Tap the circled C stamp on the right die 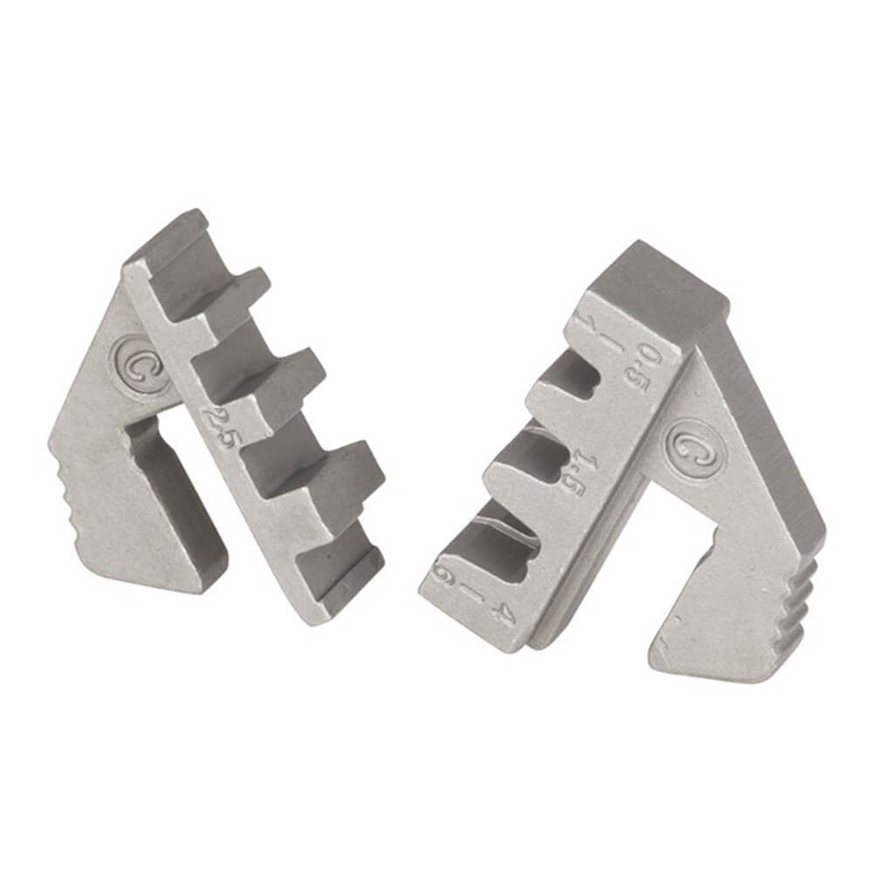(690, 448)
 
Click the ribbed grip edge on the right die (803, 602)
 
